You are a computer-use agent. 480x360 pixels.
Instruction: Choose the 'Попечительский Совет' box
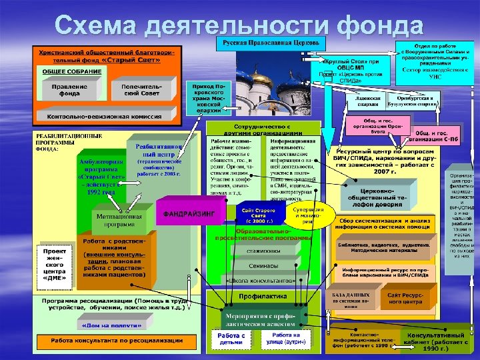[137, 90]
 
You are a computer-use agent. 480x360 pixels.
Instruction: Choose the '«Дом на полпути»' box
[102, 326]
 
